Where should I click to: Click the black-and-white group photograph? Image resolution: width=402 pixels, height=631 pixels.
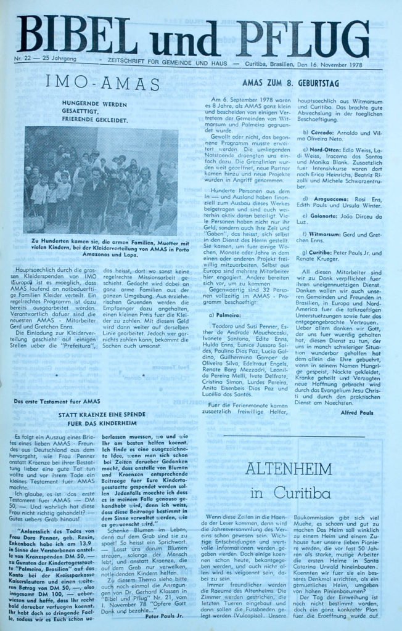100,181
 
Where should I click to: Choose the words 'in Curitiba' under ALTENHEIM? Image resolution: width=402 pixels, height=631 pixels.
290,493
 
